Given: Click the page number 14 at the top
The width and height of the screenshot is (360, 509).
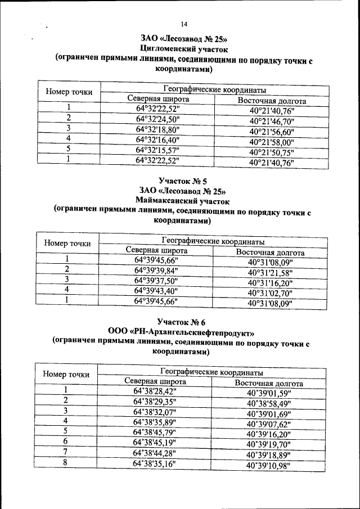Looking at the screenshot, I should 184,24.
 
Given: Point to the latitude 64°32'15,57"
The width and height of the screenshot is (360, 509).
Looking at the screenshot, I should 157,150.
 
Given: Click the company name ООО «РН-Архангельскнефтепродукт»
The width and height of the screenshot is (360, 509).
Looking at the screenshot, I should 181,331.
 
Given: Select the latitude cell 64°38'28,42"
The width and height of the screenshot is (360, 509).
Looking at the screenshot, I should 155,391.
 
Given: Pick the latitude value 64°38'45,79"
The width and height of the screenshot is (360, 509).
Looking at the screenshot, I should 155,432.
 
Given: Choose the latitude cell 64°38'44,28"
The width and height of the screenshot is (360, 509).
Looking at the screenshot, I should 155,453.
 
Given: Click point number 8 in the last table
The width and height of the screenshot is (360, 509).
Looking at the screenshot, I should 66,462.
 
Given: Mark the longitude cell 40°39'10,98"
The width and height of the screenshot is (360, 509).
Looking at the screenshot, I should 268,465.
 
